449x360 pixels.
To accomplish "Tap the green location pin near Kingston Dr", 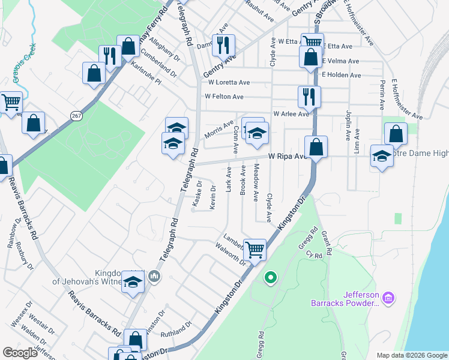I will (271, 277).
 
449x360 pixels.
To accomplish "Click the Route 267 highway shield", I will (76, 115).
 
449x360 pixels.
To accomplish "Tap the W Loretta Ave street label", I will (227, 83).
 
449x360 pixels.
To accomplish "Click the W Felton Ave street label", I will (224, 97).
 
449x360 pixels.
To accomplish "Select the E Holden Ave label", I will (342, 75).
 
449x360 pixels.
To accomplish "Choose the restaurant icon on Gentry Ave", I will (223, 44).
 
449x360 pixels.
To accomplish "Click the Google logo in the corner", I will (20, 353).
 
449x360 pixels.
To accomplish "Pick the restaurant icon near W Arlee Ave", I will (309, 96).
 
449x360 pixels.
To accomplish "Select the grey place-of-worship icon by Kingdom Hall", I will (155, 277).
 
